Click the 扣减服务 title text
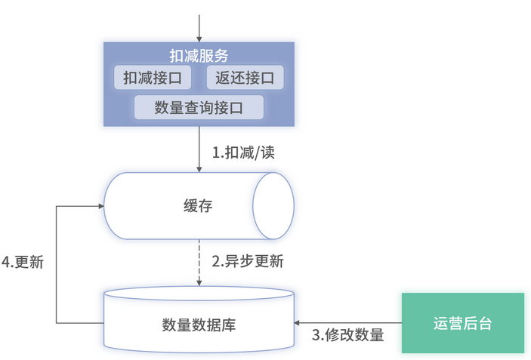point(199,55)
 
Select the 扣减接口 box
point(152,77)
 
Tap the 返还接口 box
point(244,77)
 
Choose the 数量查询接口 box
point(199,107)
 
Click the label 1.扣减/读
point(242,152)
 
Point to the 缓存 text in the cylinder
point(198,206)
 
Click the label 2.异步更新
point(247,262)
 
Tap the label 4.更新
point(23,262)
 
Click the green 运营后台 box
point(462,323)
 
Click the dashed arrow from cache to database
point(199,260)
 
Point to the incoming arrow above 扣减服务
point(199,26)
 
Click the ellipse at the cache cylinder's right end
point(273,206)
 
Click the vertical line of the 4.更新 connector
point(57,264)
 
